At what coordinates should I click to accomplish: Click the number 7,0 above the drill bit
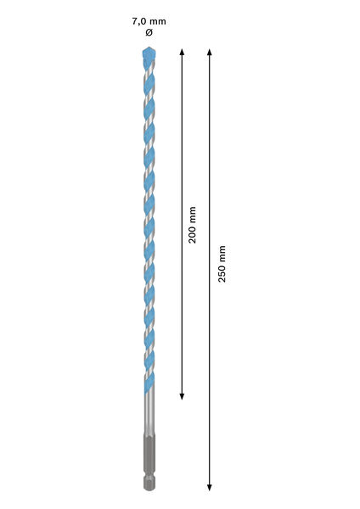coord(138,21)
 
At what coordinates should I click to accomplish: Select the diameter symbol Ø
coord(149,32)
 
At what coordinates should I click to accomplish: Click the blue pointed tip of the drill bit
coord(149,53)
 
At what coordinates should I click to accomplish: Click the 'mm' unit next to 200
coord(193,215)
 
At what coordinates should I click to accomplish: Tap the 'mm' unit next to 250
coord(222,254)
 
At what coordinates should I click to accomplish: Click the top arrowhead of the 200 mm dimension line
coord(182,52)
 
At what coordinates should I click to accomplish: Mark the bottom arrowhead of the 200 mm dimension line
coord(182,396)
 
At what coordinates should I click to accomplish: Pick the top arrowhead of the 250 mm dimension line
coord(210,52)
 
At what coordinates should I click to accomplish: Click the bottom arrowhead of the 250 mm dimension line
coord(210,488)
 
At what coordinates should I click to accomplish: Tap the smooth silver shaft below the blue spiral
coord(149,414)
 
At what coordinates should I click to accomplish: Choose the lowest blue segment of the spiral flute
coord(149,383)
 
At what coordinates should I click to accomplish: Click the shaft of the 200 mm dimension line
coord(182,224)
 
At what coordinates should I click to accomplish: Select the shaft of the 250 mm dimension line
coord(210,270)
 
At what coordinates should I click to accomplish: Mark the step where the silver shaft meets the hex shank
coord(149,436)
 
